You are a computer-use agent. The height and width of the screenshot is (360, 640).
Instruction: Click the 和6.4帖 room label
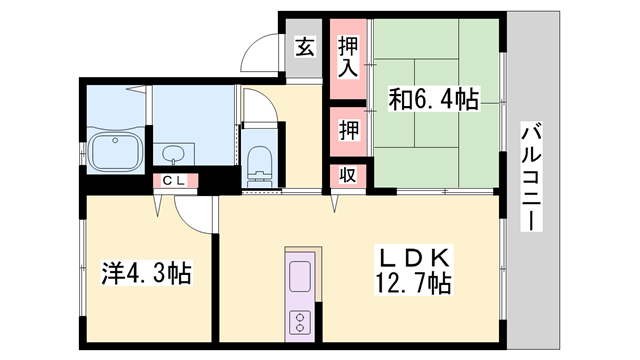pos(432,99)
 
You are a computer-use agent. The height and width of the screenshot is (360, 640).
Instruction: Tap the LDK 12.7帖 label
pos(411,269)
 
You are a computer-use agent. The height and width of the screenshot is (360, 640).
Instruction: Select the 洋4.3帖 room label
pos(146,271)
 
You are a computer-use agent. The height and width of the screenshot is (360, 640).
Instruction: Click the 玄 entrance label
pos(305,46)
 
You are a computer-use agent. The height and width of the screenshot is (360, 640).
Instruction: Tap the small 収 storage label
pos(348,174)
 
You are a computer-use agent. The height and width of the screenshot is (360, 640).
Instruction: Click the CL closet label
pos(174,181)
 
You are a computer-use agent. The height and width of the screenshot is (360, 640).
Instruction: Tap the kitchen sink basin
pos(301,275)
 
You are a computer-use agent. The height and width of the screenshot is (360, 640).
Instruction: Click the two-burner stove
pos(300,321)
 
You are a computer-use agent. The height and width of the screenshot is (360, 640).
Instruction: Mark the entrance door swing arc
pos(262,52)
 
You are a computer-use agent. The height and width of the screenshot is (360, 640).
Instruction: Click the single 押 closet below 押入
pos(348,129)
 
